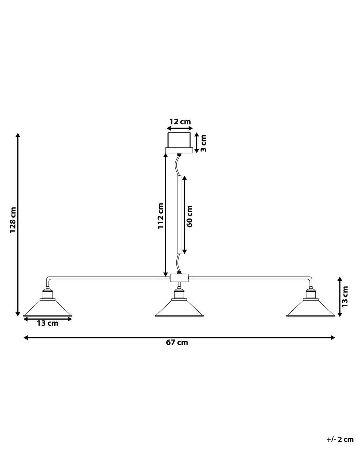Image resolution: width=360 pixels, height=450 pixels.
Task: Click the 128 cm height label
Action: coord(13,220)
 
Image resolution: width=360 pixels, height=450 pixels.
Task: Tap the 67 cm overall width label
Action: coord(177,342)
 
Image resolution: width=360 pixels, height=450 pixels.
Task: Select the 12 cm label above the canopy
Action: coord(180,121)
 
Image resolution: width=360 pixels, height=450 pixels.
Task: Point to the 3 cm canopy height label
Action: coord(203,143)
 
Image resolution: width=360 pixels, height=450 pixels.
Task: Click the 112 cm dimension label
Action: coord(161,216)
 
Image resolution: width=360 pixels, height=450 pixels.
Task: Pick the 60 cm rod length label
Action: coord(189,216)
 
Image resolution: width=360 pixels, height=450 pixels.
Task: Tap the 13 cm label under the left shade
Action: coord(48,323)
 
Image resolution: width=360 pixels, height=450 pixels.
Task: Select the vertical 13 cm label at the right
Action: coord(345,297)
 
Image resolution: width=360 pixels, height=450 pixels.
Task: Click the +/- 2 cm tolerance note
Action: coord(340,439)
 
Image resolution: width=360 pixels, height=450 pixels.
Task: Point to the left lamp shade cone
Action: coord(48,308)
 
